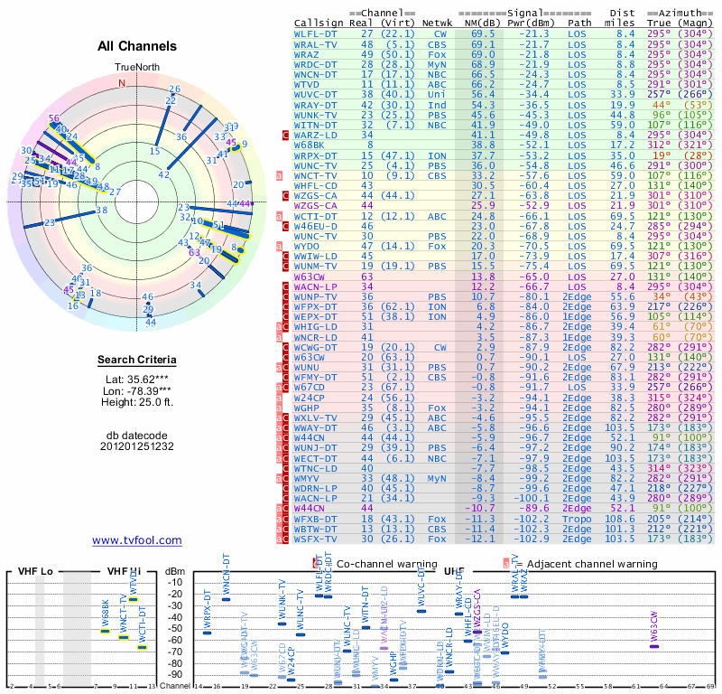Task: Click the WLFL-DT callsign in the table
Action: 316,33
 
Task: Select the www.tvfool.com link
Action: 137,540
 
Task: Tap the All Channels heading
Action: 137,46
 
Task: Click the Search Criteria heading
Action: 137,361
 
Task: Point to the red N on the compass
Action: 122,83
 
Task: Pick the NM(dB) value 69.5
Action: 483,33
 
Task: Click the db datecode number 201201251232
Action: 137,446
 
